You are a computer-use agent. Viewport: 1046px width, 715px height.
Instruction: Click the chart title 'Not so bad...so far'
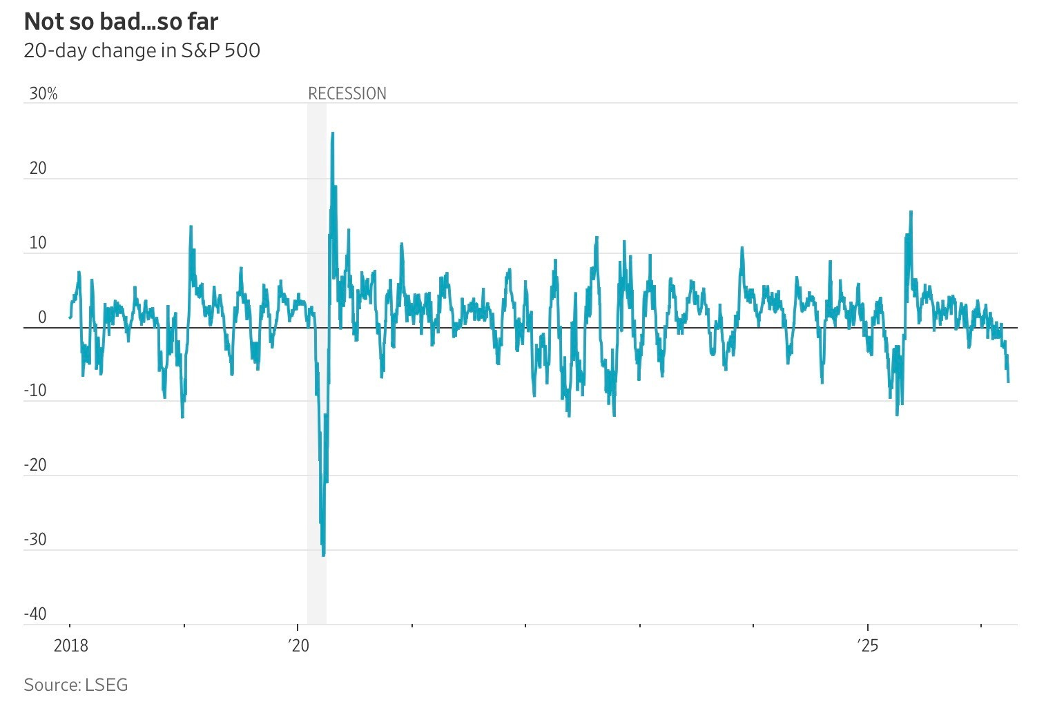tap(121, 22)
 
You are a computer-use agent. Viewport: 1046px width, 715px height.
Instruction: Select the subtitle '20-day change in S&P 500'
tap(142, 51)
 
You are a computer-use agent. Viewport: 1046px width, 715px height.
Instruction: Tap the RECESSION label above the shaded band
tap(347, 94)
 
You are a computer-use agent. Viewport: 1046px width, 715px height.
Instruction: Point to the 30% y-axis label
tap(43, 94)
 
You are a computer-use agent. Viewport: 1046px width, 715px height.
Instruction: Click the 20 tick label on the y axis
tap(38, 168)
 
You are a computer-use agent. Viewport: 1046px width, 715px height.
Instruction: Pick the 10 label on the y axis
tap(38, 243)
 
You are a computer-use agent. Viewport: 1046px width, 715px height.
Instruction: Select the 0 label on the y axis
tap(42, 317)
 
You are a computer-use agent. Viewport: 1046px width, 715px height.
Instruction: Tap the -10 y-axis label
tap(35, 391)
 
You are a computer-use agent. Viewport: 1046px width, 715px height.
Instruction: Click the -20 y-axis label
tap(35, 465)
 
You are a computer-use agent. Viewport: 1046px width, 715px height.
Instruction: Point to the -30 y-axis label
tap(35, 540)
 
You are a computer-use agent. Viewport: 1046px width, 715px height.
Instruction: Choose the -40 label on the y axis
tap(35, 614)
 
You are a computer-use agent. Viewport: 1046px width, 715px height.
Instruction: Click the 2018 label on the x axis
tap(70, 646)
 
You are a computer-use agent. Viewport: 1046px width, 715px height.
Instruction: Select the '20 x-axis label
tap(298, 646)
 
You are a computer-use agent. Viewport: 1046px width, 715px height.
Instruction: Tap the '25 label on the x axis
tap(867, 646)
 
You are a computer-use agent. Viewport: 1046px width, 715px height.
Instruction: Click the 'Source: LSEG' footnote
tap(76, 685)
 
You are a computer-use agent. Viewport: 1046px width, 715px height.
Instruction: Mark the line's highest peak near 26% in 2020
tap(333, 133)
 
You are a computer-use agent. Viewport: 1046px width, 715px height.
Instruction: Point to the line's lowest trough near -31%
tap(324, 555)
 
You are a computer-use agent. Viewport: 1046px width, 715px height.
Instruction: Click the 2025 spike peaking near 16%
tap(911, 212)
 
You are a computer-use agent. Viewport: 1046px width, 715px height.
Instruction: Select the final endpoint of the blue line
tap(1009, 382)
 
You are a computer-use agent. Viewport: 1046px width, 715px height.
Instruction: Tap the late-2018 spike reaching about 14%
tap(191, 226)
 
